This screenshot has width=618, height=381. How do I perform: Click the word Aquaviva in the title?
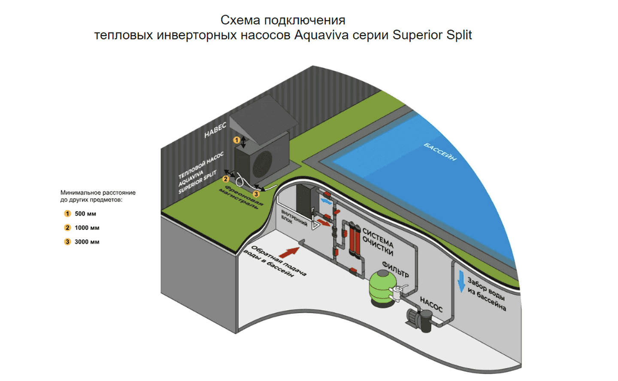[x=321, y=35]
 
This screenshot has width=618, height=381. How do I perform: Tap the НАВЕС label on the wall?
[x=215, y=131]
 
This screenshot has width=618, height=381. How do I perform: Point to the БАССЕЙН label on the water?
[x=440, y=152]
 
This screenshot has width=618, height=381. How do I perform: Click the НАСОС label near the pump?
[x=431, y=305]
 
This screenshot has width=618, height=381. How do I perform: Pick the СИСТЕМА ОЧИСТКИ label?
[x=378, y=241]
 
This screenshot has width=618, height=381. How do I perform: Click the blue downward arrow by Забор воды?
[x=461, y=281]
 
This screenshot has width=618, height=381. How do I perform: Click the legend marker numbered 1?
[x=67, y=213]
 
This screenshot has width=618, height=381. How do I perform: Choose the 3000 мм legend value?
[x=87, y=242]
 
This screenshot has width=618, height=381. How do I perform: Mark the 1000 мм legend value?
[x=87, y=228]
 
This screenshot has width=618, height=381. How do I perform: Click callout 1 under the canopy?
[x=236, y=140]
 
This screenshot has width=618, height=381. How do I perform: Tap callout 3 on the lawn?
[x=256, y=194]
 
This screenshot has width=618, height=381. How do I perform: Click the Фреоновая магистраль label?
[x=241, y=197]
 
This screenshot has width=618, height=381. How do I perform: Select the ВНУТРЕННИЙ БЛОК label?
[x=294, y=217]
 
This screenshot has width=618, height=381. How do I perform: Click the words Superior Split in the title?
[x=432, y=35]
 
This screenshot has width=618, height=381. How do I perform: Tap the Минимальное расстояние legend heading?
[x=98, y=196]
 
